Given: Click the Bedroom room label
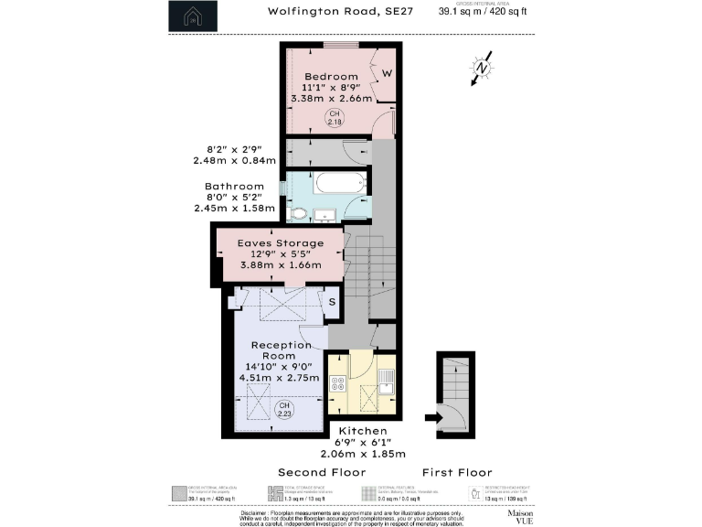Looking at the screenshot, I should coord(330,76).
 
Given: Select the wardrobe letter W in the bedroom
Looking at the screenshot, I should coord(388,73).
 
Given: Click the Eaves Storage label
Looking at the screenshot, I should coord(281,243).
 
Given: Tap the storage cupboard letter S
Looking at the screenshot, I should coord(332,301).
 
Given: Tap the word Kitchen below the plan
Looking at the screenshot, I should coord(363,430).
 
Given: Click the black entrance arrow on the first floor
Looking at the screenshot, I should coord(433,418).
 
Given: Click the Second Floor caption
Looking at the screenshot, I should coord(322,472).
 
